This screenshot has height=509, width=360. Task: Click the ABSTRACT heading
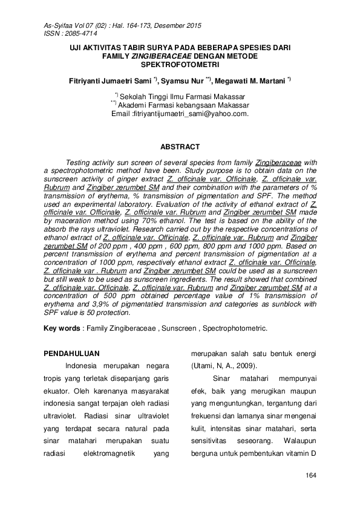179,147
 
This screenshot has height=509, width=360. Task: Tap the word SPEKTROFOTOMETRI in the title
179,63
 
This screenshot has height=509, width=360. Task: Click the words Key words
62,328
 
